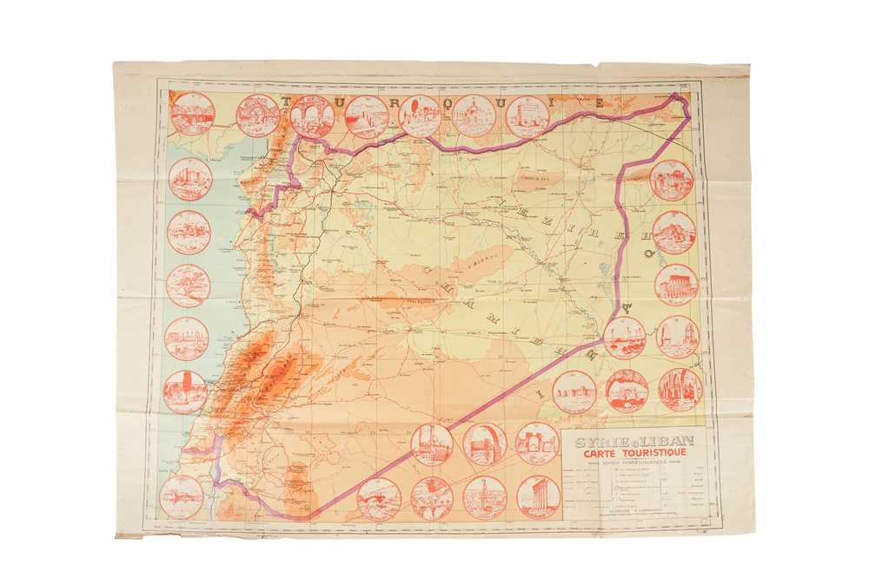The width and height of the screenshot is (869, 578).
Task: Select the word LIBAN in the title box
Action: pos(667,443)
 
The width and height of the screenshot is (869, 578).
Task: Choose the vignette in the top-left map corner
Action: pos(192,114)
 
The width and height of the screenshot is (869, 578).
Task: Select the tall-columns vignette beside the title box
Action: pos(539,496)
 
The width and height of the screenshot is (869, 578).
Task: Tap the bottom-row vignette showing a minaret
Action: pos(485,497)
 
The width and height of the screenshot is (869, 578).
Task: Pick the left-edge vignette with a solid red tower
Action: pos(186,391)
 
